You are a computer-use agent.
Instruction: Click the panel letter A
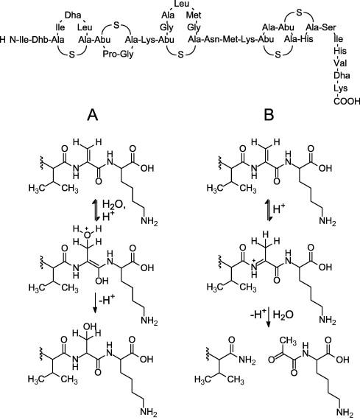[93, 115]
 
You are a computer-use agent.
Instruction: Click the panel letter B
[269, 115]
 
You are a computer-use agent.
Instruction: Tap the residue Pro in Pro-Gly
[108, 55]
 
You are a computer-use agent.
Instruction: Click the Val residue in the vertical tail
[340, 63]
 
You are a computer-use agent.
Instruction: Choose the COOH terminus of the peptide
[347, 101]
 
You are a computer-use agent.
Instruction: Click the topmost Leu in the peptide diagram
[181, 4]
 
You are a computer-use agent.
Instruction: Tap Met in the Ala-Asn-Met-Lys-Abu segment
[230, 40]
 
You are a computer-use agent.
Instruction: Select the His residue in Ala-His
[307, 39]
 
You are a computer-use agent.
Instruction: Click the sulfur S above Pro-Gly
[116, 25]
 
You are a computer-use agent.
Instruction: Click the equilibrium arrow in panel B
[268, 211]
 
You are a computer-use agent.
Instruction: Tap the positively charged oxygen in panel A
[86, 234]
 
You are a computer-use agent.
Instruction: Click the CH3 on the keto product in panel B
[288, 341]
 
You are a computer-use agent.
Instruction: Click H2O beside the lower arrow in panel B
[283, 314]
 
